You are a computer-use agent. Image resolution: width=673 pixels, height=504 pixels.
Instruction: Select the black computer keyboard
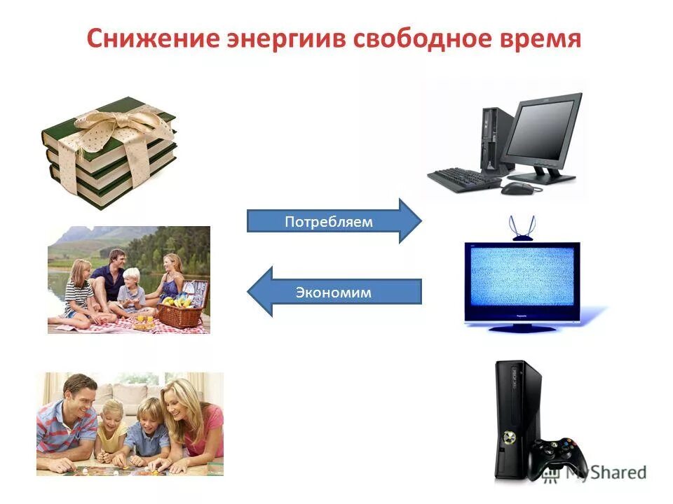coord(465,178)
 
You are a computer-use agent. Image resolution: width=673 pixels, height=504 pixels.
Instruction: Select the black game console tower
coord(517,420)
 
